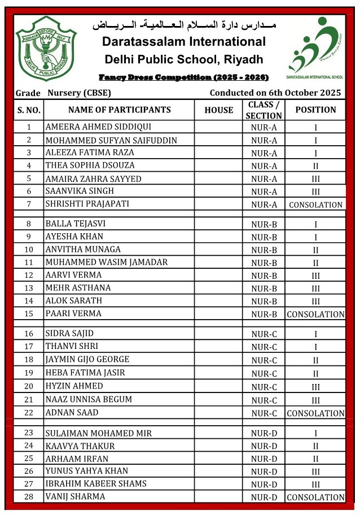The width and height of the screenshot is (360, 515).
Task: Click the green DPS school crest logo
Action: click(x=46, y=49)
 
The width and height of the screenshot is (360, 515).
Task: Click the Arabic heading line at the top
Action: click(x=184, y=27)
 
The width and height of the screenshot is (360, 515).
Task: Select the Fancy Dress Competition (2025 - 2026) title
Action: click(x=183, y=77)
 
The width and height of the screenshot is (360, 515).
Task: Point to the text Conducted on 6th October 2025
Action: click(x=275, y=93)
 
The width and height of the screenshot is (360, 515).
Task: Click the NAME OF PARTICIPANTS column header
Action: click(x=119, y=110)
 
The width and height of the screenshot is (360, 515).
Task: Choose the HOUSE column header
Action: click(x=218, y=110)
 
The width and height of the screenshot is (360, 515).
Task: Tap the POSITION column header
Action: click(x=315, y=110)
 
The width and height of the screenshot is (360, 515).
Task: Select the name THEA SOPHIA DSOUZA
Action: click(x=90, y=165)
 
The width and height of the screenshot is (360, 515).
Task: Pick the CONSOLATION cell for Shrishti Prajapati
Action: click(x=315, y=205)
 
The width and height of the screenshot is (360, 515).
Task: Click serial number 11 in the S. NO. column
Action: click(x=29, y=262)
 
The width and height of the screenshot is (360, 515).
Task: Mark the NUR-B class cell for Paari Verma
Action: click(x=264, y=314)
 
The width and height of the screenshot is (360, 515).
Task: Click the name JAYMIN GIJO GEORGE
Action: click(x=87, y=359)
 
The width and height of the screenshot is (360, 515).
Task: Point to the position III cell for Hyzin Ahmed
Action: click(x=315, y=386)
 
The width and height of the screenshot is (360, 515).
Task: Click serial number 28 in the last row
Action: click(x=29, y=496)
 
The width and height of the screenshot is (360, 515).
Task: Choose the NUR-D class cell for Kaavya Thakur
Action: click(x=264, y=446)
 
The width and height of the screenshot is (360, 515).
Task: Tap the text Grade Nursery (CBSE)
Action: click(x=63, y=93)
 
